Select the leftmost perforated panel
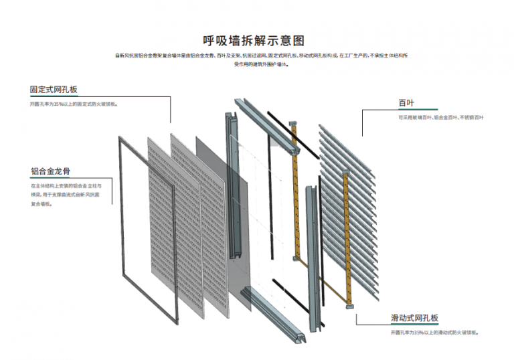[160, 221]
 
